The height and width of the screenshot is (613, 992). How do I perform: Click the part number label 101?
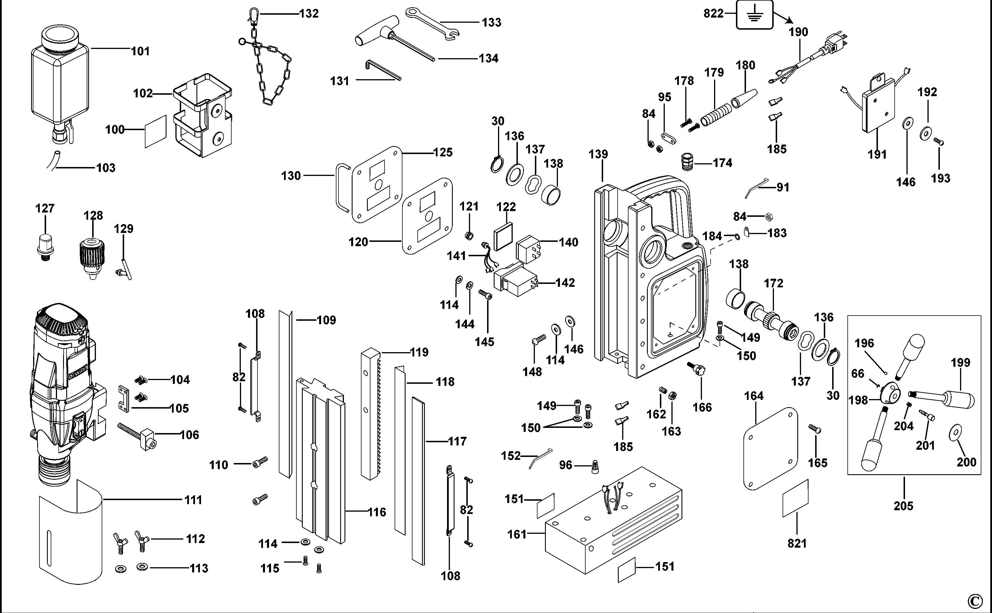[140, 52]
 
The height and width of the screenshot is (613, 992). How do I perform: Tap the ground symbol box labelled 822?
[754, 15]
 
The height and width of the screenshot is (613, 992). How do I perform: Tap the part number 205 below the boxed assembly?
[903, 506]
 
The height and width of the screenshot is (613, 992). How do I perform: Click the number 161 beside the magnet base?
[517, 534]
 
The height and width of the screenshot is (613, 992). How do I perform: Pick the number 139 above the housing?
[598, 154]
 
